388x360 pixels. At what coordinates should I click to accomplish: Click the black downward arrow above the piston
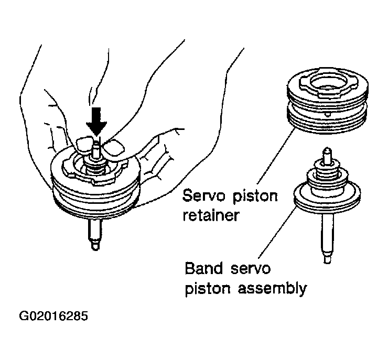tap(97, 122)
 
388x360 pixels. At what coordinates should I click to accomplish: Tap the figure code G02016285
tap(53, 317)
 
